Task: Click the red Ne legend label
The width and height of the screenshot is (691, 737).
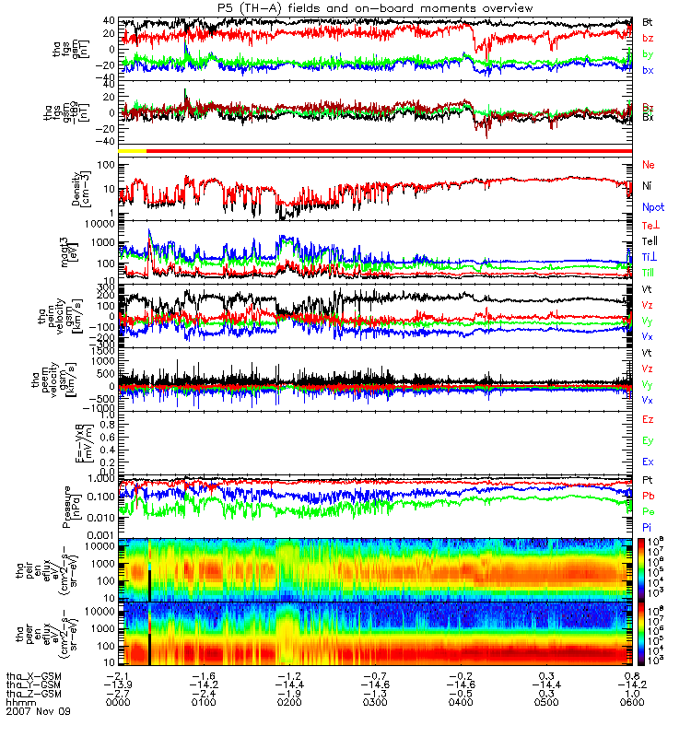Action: tap(649, 165)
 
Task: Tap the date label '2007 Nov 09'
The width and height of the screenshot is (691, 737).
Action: tap(37, 712)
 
